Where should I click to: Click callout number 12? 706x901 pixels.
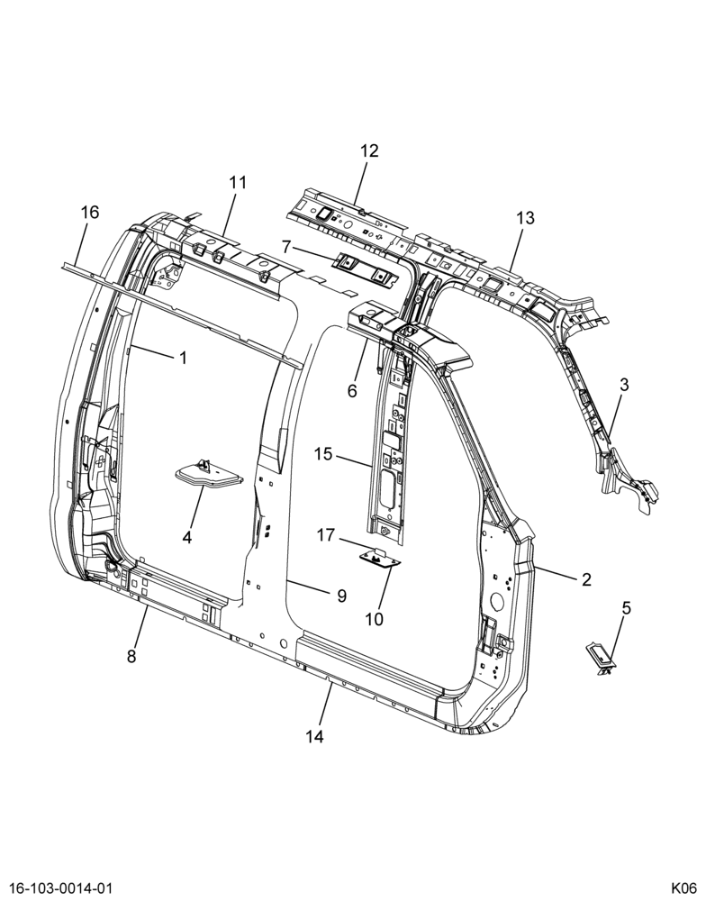coord(369,151)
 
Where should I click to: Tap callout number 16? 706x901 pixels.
coord(90,213)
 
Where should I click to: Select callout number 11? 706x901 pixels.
coord(238,183)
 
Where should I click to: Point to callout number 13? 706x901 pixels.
coord(525,218)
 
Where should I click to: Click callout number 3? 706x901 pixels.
coord(624,385)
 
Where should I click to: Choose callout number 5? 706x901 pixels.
coord(626,607)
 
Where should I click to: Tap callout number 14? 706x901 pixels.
coord(315,736)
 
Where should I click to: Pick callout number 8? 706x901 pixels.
coord(131,656)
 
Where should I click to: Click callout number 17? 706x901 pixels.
coord(325,535)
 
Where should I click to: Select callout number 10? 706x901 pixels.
coord(374,620)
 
